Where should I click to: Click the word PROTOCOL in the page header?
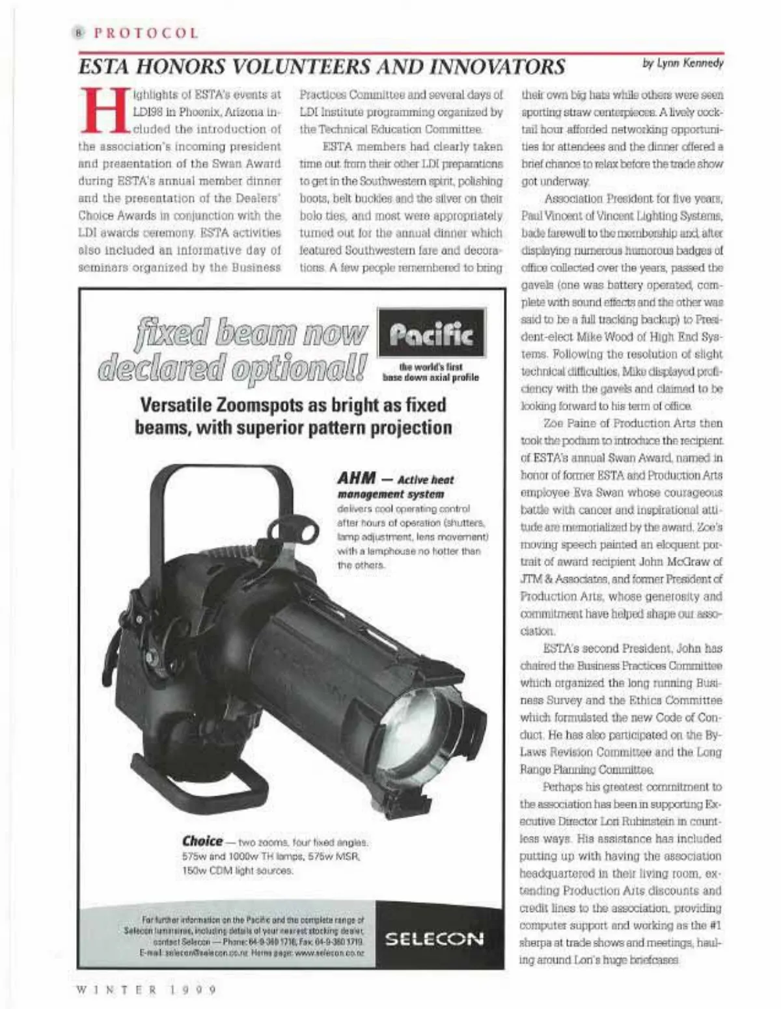pyautogui.click(x=146, y=33)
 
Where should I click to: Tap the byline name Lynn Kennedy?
pyautogui.click(x=691, y=63)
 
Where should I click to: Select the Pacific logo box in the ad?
pyautogui.click(x=431, y=333)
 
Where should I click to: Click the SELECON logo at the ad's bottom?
pyautogui.click(x=434, y=939)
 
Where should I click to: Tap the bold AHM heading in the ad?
pyautogui.click(x=357, y=478)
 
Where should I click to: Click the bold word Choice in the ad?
pyautogui.click(x=202, y=841)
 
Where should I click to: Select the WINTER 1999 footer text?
pyautogui.click(x=146, y=990)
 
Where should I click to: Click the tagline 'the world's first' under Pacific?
pyautogui.click(x=431, y=368)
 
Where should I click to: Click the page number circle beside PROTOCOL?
pyautogui.click(x=80, y=33)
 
